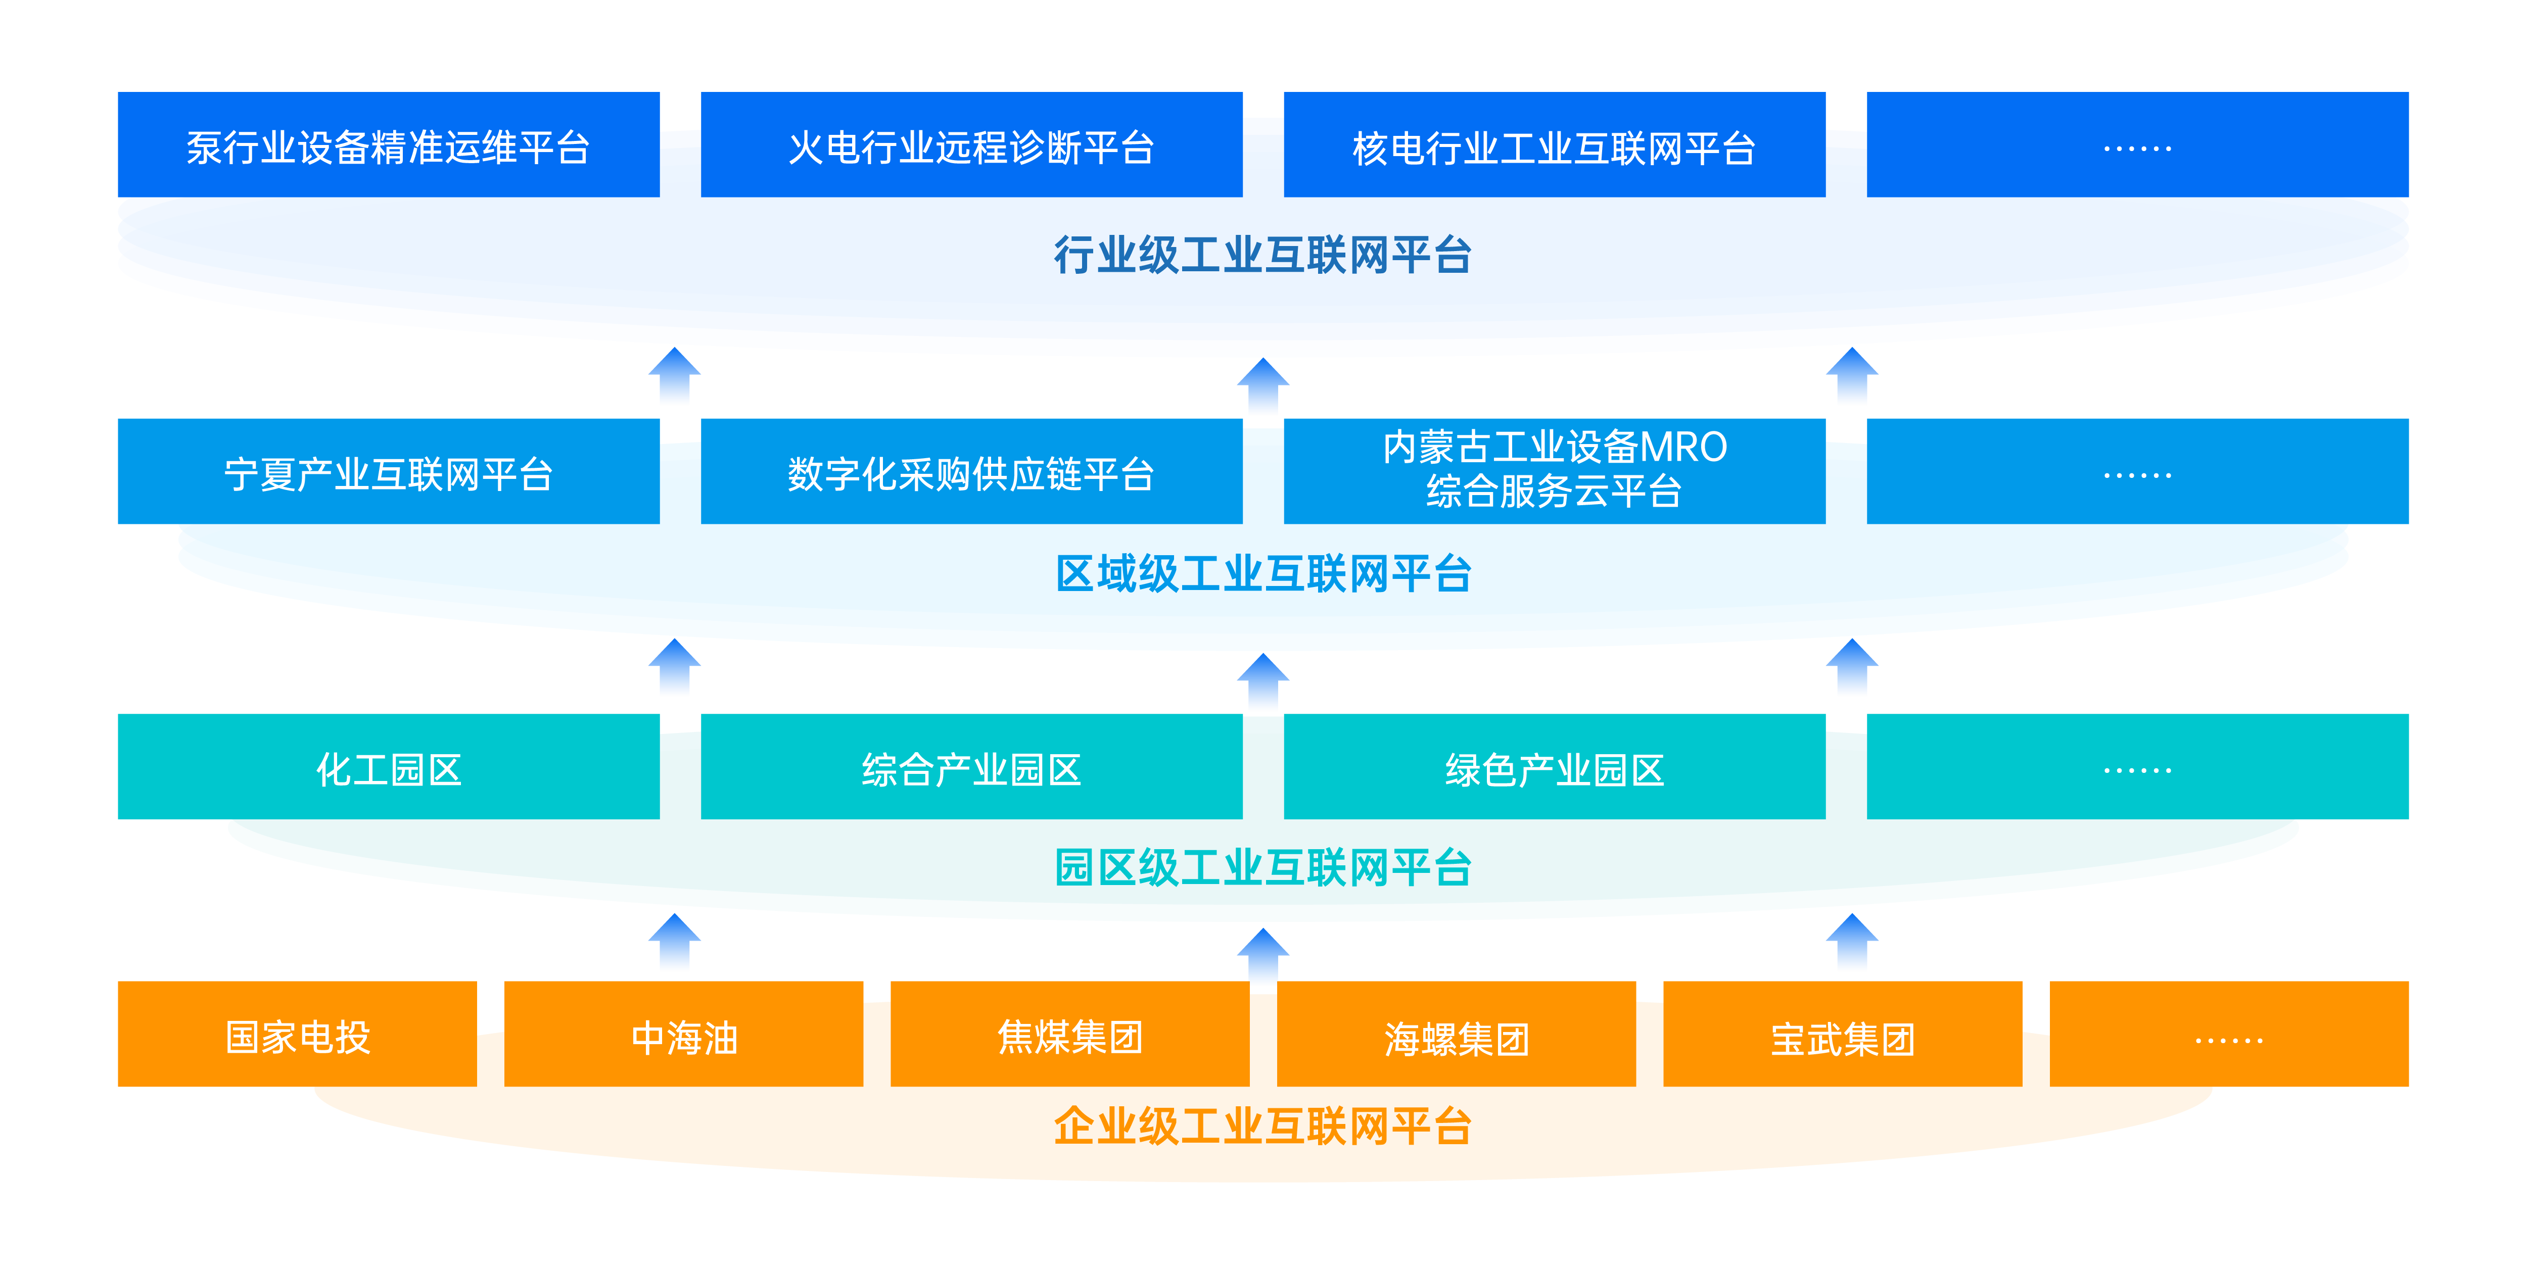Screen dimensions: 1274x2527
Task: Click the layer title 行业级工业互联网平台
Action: coord(1262,255)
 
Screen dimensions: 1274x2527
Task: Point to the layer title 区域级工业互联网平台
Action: coord(1262,574)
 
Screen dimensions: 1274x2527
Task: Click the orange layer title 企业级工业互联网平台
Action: coord(1262,1126)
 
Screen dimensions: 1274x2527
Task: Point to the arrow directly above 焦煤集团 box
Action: coord(1262,956)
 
